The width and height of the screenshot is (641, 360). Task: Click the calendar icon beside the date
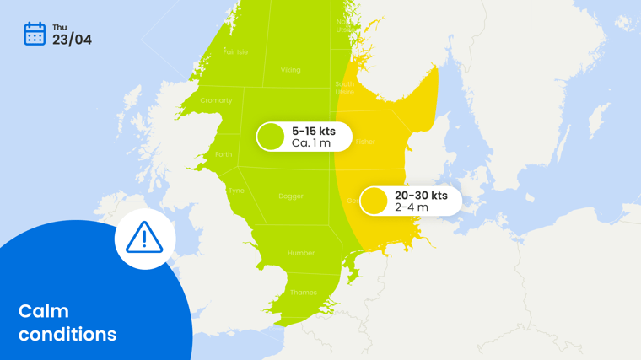click(x=35, y=34)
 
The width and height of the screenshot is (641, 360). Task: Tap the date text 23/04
click(x=72, y=40)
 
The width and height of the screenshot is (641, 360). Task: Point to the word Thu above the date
click(x=59, y=28)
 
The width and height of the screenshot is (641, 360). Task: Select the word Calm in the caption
click(x=44, y=311)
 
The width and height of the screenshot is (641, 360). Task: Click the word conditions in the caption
click(x=67, y=335)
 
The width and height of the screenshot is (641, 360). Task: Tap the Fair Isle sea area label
click(x=235, y=52)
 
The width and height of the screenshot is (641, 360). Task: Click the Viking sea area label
click(x=290, y=70)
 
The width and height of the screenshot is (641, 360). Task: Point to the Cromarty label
click(x=216, y=100)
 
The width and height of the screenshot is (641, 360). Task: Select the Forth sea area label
click(x=224, y=154)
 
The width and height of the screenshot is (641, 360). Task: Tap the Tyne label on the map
click(x=236, y=191)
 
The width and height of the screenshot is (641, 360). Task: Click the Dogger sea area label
click(x=290, y=196)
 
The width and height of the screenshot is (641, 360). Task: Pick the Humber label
click(x=301, y=253)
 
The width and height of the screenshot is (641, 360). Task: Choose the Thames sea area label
click(x=304, y=293)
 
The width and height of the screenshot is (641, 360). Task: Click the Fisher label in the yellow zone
click(x=365, y=142)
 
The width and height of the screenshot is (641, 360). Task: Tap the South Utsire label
click(x=344, y=88)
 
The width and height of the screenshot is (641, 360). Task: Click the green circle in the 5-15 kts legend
click(x=271, y=137)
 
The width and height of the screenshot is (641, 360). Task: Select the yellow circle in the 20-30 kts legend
click(x=374, y=201)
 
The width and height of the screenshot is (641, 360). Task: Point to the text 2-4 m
click(x=412, y=207)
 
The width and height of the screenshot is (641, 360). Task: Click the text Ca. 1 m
click(x=311, y=143)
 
